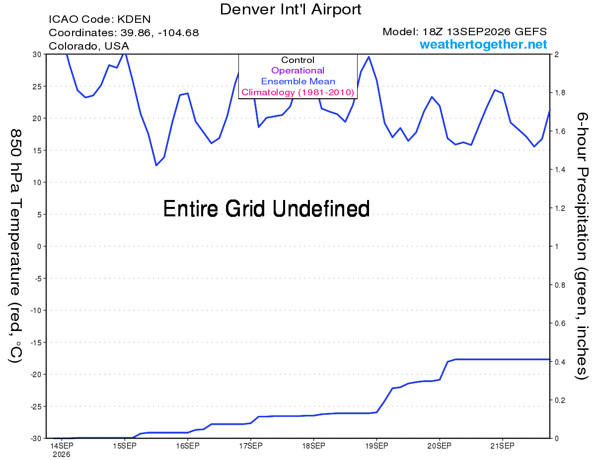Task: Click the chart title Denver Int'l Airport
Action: coord(291,9)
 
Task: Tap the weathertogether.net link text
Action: coord(483,44)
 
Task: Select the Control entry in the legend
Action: coord(298,60)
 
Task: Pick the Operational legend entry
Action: coord(298,70)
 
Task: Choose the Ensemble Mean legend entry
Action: coord(298,81)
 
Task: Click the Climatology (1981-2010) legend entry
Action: coord(298,92)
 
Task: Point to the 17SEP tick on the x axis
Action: coord(251,446)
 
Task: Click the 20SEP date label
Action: coord(439,446)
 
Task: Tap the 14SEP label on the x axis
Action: coord(62,446)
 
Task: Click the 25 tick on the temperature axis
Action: coord(37,86)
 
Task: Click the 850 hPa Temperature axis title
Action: coord(15,246)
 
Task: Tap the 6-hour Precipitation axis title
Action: coord(582,246)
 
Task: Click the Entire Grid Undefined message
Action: coord(266,209)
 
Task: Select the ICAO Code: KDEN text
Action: coord(99,19)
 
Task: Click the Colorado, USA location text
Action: coord(89,46)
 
